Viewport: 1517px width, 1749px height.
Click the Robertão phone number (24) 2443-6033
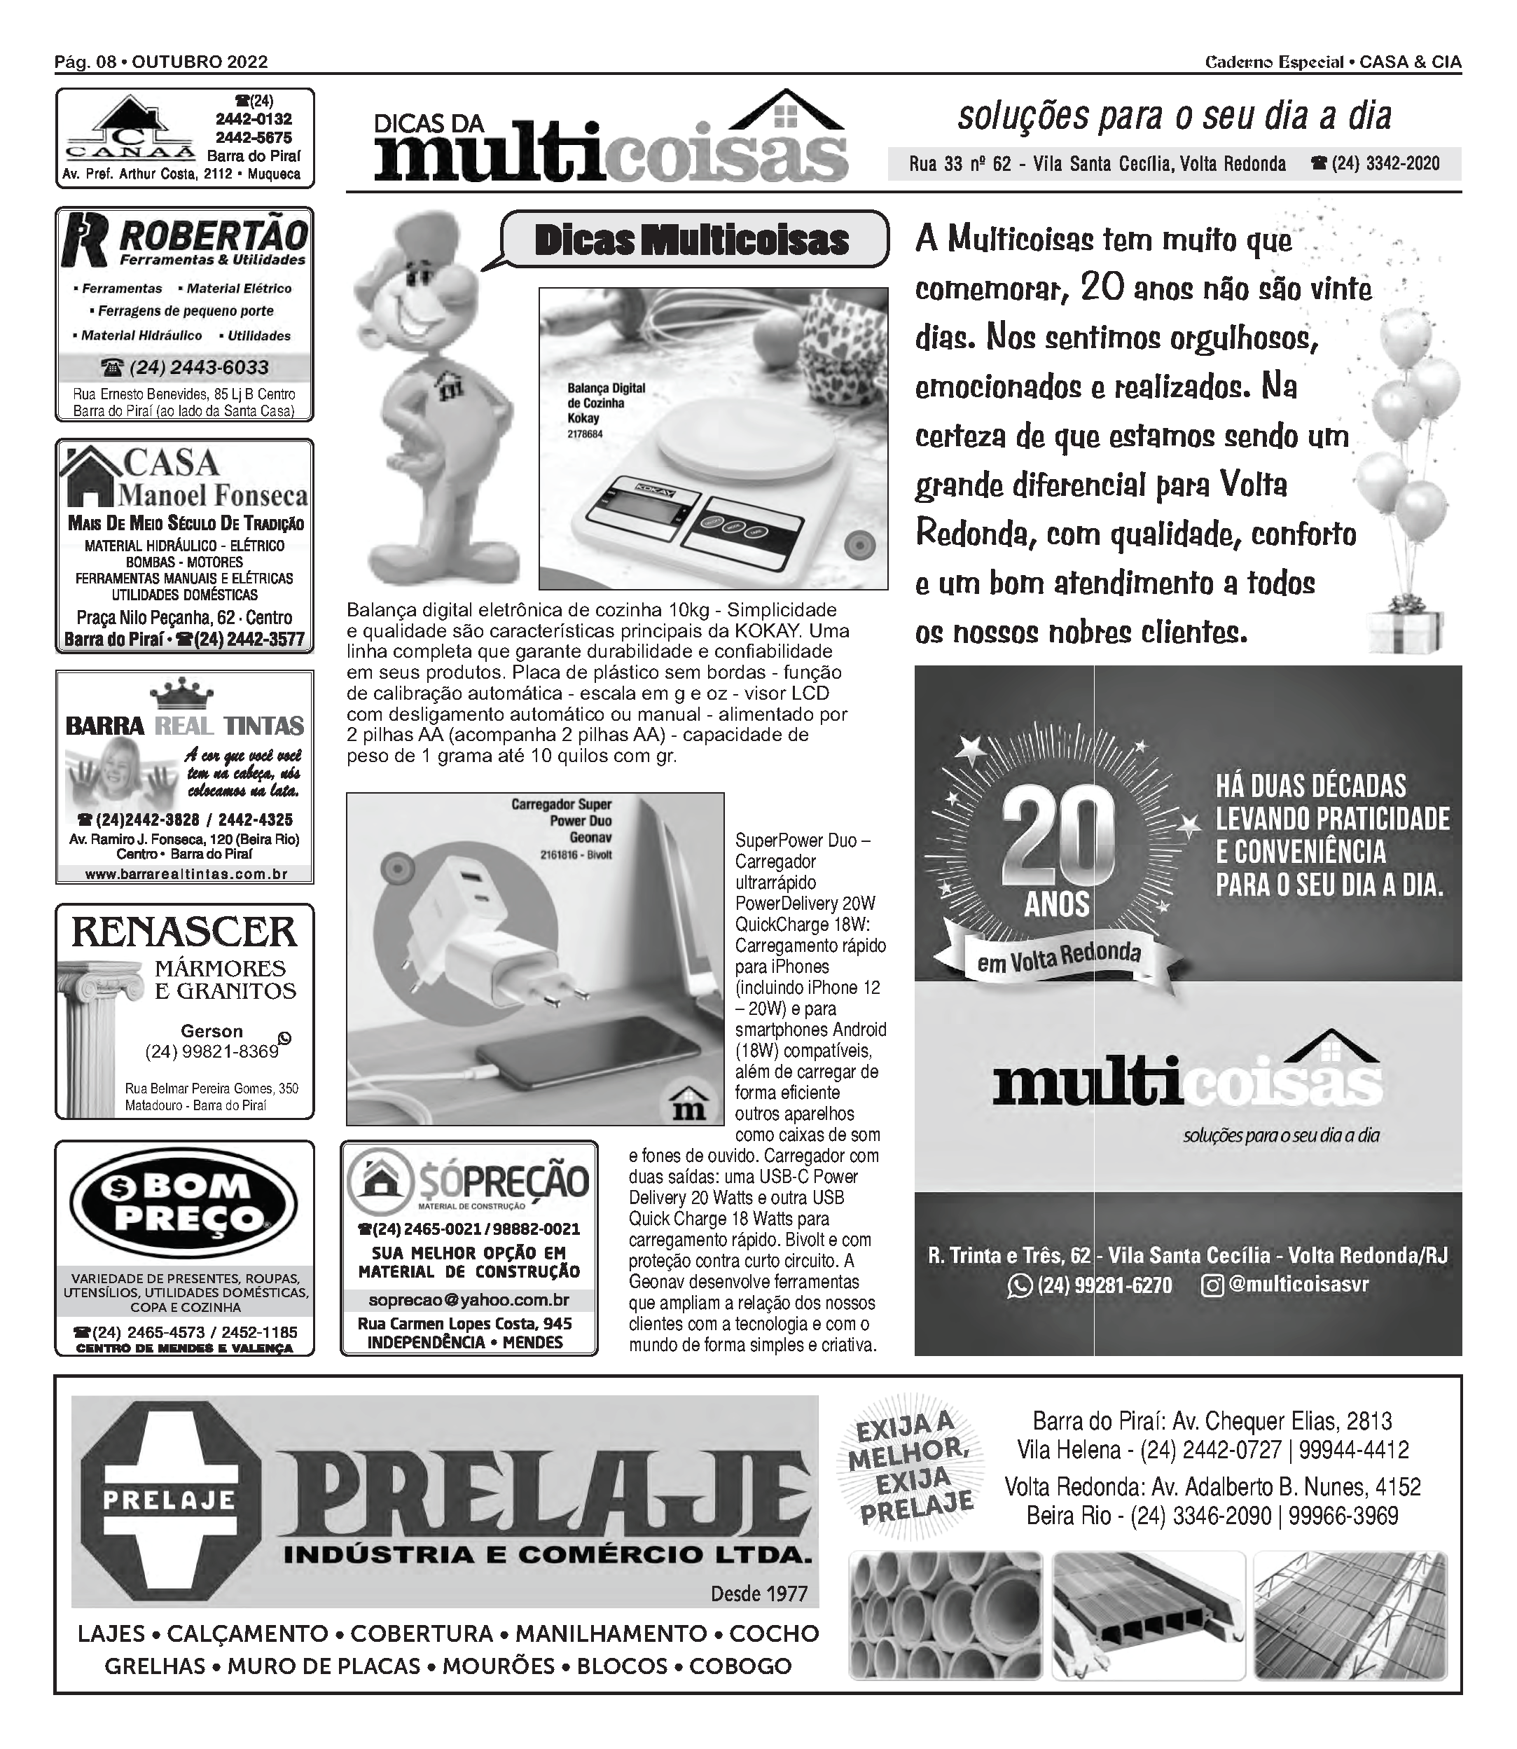point(184,368)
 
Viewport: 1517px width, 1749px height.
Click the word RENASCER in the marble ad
point(184,932)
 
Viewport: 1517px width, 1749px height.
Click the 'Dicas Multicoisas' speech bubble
point(692,240)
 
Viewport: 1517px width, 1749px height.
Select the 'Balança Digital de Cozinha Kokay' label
point(604,403)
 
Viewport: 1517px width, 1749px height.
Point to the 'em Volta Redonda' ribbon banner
point(1058,958)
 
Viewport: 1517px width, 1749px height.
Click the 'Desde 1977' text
point(758,1594)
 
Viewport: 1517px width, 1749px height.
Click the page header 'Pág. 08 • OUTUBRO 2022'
point(161,62)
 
